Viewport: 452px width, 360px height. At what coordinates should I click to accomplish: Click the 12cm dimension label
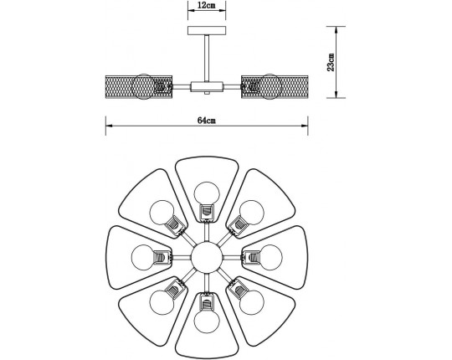point(203,6)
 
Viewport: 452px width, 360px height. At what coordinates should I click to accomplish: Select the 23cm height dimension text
point(331,62)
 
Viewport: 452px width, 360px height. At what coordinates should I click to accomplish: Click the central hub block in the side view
point(205,85)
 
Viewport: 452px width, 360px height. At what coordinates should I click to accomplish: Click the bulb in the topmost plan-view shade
point(205,192)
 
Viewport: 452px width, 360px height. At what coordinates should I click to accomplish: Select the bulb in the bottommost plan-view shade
point(205,319)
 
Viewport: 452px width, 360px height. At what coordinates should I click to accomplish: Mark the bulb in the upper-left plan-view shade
point(160,210)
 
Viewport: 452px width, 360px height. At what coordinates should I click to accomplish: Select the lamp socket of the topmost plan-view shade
point(205,213)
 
